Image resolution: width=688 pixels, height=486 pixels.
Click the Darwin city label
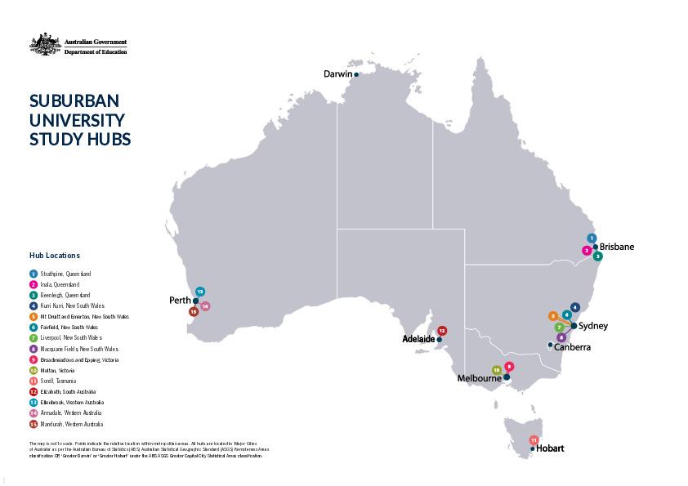[337, 74]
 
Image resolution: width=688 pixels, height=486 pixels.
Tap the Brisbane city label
[616, 247]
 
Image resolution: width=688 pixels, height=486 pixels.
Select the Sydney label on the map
[592, 326]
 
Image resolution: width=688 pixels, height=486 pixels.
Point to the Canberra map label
[572, 346]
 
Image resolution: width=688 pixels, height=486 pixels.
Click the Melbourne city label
[479, 378]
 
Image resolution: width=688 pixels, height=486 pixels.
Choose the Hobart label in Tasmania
[550, 448]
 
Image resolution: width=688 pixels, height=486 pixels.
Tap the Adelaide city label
[418, 338]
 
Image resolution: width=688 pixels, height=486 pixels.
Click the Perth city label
[180, 301]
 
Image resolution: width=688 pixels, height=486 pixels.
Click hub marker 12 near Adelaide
[442, 331]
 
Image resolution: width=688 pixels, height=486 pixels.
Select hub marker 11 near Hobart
[534, 440]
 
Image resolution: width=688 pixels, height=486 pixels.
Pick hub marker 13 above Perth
[200, 292]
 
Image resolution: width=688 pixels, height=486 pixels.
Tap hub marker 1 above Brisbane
[592, 239]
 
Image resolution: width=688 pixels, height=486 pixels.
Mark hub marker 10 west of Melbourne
[496, 370]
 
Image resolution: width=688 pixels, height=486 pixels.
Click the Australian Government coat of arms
[45, 45]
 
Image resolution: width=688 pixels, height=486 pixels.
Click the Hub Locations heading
[55, 256]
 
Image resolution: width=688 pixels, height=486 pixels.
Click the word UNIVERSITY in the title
[77, 120]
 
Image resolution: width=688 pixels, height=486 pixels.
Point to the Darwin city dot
[356, 74]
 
